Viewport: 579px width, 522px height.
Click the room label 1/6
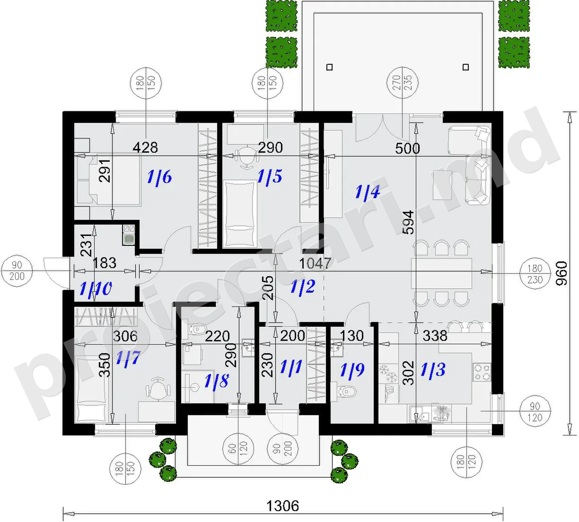[x=159, y=177]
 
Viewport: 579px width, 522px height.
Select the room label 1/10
[x=96, y=288]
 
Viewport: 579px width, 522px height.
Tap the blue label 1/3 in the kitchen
[x=433, y=370]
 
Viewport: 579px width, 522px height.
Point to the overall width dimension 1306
[x=282, y=506]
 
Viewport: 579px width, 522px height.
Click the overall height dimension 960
[x=561, y=273]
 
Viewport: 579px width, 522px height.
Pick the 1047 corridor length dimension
[x=315, y=263]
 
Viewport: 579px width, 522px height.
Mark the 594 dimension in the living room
[x=408, y=222]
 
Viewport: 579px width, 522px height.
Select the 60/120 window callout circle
[x=238, y=448]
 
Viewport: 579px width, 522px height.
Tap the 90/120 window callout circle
[x=535, y=412]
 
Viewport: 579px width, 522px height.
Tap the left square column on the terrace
[x=329, y=67]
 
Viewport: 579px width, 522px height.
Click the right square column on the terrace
[x=465, y=67]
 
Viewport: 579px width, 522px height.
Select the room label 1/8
[x=217, y=381]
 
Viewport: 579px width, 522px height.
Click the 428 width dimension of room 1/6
[x=145, y=148]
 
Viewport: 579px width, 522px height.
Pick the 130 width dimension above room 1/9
[x=351, y=335]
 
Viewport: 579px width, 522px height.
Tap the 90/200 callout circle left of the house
[x=17, y=271]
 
